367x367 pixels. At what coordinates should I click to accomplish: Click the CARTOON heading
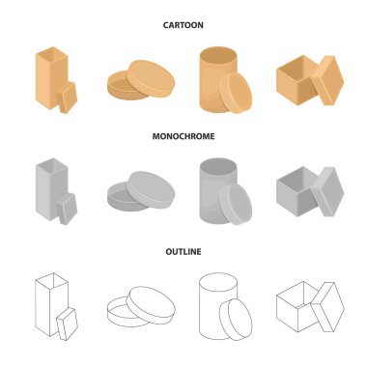[x=183, y=25]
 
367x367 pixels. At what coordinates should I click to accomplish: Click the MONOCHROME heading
[x=183, y=136]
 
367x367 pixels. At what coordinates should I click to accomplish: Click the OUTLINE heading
[x=183, y=251]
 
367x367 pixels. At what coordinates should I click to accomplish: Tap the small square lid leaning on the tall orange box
[x=68, y=98]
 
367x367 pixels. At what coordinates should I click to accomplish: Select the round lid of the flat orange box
[x=151, y=78]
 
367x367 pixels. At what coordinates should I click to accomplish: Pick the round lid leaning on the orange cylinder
[x=236, y=93]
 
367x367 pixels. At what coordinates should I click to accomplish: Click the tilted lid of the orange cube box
[x=327, y=80]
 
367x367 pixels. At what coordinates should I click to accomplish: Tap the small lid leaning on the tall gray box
[x=68, y=209]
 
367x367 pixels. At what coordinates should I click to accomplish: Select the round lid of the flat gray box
[x=151, y=189]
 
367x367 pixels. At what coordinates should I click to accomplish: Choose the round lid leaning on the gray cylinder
[x=236, y=205]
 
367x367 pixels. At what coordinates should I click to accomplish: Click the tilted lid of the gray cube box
[x=327, y=192]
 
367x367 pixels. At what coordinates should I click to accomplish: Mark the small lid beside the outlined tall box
[x=68, y=324]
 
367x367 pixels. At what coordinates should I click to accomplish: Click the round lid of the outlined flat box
[x=151, y=305]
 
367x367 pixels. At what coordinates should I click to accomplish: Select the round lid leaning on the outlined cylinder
[x=236, y=320]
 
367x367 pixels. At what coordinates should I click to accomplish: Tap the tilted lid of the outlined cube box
[x=327, y=307]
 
